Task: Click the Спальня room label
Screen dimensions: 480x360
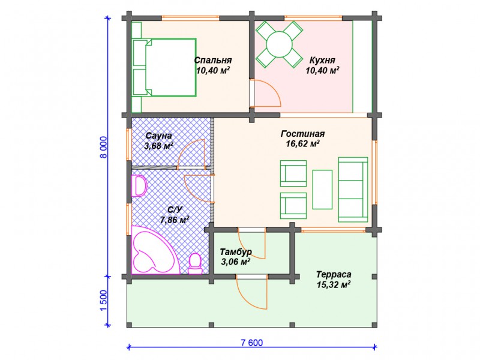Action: [x=213, y=60]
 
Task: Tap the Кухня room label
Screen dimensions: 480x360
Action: [x=322, y=59]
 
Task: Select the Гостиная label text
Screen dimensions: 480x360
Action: [x=302, y=134]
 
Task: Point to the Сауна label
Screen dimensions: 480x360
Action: [x=158, y=136]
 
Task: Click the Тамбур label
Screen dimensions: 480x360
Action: [x=236, y=251]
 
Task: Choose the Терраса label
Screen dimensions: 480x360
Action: [x=334, y=274]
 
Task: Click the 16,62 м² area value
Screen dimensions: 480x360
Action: [x=303, y=144]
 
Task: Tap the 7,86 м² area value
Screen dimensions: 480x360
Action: [x=174, y=220]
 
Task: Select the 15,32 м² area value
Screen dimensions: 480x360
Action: [x=334, y=284]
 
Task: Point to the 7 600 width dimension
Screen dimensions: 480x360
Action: [x=251, y=343]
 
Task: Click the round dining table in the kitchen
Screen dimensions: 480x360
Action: [x=280, y=44]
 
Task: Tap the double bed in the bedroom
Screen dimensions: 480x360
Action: [x=164, y=68]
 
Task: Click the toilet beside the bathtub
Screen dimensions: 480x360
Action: [x=194, y=263]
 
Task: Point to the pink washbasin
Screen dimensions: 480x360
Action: [x=139, y=185]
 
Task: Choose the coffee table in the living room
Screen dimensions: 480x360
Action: [x=322, y=190]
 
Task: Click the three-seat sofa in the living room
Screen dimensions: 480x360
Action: [x=353, y=190]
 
